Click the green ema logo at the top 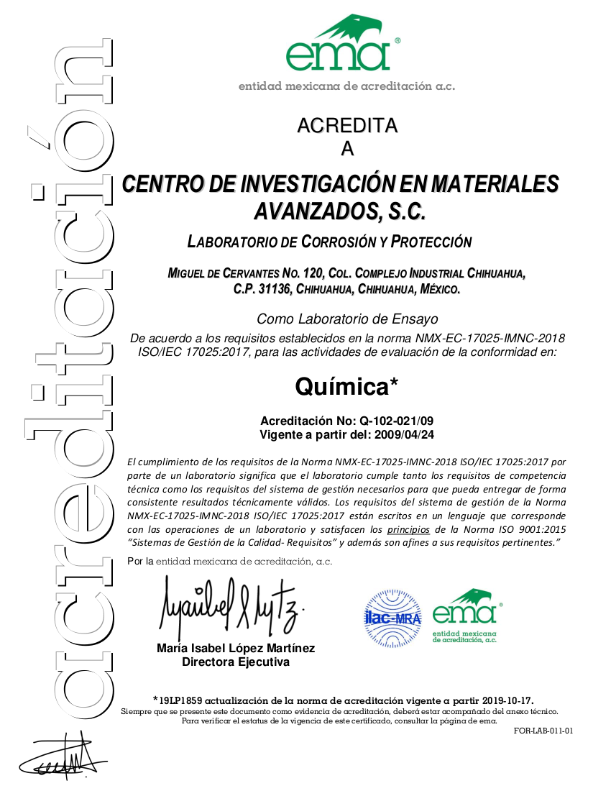[x=339, y=45]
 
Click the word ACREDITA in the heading [x=347, y=126]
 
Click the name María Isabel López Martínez [x=236, y=649]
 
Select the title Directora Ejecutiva [x=236, y=662]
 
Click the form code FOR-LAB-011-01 [x=543, y=731]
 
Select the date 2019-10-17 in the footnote [x=505, y=700]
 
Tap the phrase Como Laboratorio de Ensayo [x=347, y=319]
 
